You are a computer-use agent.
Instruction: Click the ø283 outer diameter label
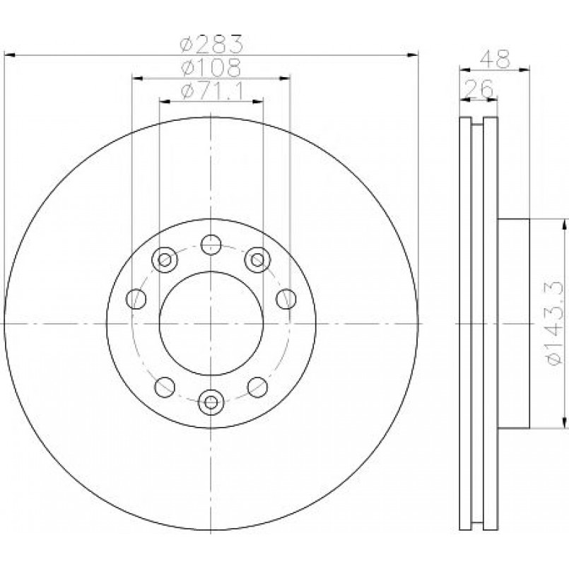point(211,44)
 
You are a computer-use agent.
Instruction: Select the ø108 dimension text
point(211,66)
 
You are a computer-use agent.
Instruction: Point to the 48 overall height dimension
point(495,59)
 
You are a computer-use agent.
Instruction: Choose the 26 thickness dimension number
point(479,88)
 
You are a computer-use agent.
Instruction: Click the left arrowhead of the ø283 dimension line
point(9,55)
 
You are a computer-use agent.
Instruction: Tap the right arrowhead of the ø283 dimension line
point(413,55)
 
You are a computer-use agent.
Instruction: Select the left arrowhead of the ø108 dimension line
point(137,78)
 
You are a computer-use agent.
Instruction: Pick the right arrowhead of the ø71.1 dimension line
point(257,102)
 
